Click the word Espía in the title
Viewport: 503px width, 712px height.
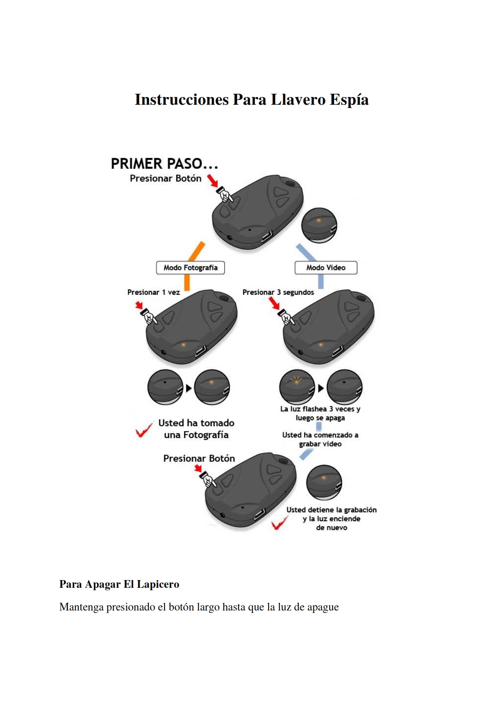pyautogui.click(x=349, y=100)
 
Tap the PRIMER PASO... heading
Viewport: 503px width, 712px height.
pyautogui.click(x=164, y=164)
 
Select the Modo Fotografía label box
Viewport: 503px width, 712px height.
pyautogui.click(x=190, y=268)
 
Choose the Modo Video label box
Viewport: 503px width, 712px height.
pyautogui.click(x=326, y=268)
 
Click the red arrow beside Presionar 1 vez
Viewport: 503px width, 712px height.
pyautogui.click(x=139, y=305)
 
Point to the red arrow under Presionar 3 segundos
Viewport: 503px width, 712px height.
pyautogui.click(x=274, y=303)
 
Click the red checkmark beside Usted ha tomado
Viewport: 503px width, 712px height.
pyautogui.click(x=143, y=430)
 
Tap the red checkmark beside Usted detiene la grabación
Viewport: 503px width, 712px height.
pyautogui.click(x=279, y=522)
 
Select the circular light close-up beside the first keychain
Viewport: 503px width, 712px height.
pyautogui.click(x=319, y=225)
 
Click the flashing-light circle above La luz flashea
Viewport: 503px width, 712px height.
pyautogui.click(x=297, y=387)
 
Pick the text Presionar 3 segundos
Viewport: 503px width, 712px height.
pyautogui.click(x=278, y=292)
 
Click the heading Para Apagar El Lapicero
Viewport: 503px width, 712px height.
pyautogui.click(x=119, y=584)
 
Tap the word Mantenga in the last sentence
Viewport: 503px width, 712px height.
pyautogui.click(x=81, y=607)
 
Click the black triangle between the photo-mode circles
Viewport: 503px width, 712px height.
pyautogui.click(x=188, y=388)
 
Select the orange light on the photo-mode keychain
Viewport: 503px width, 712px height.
pyautogui.click(x=183, y=345)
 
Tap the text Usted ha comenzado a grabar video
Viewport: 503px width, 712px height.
pyautogui.click(x=320, y=439)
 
